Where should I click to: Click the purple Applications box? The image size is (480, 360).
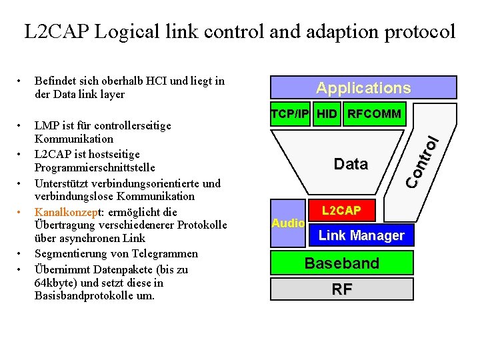click(x=363, y=87)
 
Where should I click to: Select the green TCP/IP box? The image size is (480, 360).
click(x=290, y=114)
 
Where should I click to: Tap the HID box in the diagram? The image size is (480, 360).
click(x=327, y=114)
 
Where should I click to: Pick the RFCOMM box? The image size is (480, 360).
click(x=375, y=114)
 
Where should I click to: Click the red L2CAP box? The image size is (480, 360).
click(x=341, y=210)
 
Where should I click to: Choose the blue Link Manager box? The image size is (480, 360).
click(x=361, y=235)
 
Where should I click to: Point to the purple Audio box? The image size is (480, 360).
click(x=288, y=223)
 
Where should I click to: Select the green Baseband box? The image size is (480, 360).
click(x=342, y=263)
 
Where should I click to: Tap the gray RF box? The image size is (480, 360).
click(x=342, y=289)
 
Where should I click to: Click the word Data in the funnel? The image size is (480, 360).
click(x=351, y=164)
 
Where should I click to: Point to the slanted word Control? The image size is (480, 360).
click(x=422, y=161)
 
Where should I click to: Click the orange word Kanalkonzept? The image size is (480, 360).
click(x=67, y=212)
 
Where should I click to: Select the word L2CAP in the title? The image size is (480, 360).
click(x=57, y=31)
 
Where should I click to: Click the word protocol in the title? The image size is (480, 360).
click(x=420, y=32)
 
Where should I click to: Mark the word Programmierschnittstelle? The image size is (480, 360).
click(x=95, y=168)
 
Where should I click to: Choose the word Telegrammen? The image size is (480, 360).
click(x=165, y=254)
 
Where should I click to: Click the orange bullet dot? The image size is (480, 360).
click(x=19, y=212)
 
